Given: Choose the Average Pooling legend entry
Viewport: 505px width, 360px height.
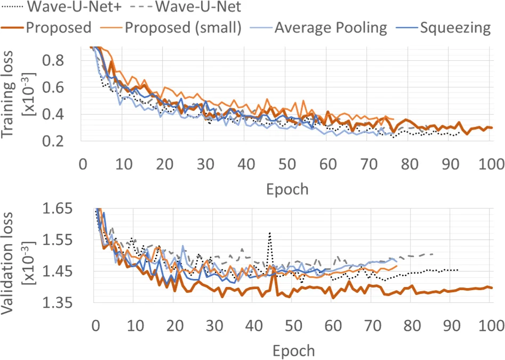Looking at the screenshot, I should (x=331, y=27).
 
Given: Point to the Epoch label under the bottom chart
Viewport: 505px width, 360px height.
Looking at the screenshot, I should (x=293, y=351).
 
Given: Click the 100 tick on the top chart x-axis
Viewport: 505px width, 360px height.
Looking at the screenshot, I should (x=490, y=164).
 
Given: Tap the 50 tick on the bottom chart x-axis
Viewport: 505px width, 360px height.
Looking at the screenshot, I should (x=292, y=325).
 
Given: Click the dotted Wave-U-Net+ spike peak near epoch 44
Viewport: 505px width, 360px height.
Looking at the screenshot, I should (x=270, y=233).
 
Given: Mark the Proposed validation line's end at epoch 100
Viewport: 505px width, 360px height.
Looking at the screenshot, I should (x=491, y=287).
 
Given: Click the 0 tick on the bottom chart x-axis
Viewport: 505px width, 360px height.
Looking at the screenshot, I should (x=95, y=325).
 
